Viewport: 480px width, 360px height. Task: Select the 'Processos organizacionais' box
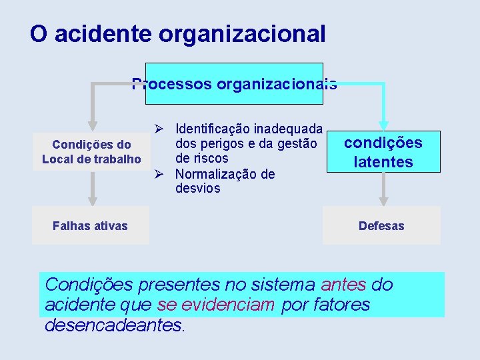[234, 84]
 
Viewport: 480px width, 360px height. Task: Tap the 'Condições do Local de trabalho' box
[91, 151]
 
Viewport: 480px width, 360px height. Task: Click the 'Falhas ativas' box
[90, 225]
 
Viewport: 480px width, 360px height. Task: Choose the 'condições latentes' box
[383, 152]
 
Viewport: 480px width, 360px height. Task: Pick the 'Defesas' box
[381, 225]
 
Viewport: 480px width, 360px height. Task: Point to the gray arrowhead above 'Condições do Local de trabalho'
[93, 125]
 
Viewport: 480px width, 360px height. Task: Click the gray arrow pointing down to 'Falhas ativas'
[93, 193]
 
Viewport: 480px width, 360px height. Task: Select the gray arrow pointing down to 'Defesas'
[383, 195]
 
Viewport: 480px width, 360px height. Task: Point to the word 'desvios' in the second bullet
[197, 189]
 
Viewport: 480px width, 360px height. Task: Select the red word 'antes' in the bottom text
[343, 285]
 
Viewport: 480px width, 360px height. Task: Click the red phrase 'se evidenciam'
[216, 305]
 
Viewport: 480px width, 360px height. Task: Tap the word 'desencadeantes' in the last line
[113, 325]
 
